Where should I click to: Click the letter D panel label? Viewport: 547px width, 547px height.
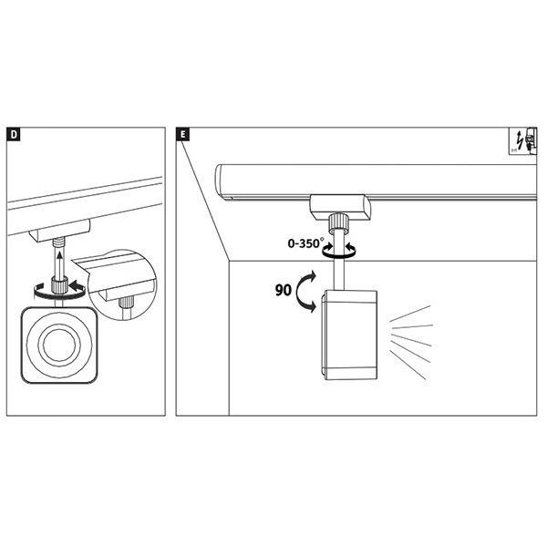coord(15,135)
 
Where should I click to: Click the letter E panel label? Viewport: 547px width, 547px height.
coord(183,135)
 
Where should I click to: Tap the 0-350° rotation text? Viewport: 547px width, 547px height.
coord(306,244)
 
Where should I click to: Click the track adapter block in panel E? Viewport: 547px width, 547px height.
coord(338,205)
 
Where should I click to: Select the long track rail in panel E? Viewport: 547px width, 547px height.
coord(374,181)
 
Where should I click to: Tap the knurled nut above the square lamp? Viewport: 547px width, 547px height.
coord(61,286)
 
